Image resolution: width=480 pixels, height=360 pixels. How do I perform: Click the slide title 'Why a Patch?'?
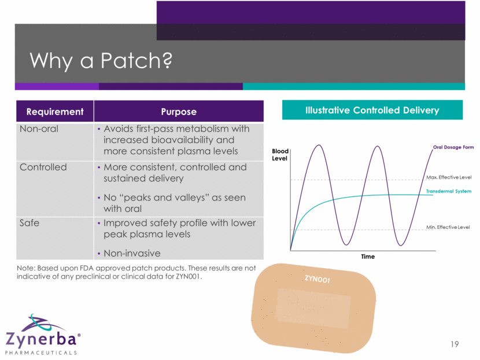(101, 61)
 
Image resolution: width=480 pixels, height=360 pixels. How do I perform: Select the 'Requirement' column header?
(55, 112)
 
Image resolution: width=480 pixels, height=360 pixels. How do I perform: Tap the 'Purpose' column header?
(179, 112)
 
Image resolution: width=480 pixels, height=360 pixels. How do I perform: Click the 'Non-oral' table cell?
(39, 129)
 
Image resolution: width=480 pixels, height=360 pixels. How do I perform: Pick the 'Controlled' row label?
(43, 167)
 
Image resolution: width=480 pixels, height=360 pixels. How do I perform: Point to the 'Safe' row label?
(29, 222)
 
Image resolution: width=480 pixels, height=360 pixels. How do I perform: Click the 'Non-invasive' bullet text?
(132, 253)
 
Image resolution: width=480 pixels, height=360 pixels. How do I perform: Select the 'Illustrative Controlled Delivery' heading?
(372, 110)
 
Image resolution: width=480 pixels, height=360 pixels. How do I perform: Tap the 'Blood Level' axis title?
(280, 155)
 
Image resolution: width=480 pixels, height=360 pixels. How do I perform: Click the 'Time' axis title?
(368, 257)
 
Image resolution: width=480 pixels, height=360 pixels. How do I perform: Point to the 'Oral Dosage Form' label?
(453, 147)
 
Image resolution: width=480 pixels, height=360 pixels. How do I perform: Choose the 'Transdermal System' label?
(449, 191)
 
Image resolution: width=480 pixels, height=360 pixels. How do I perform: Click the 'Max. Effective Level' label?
(449, 177)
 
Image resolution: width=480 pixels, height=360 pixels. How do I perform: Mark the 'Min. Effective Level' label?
(448, 227)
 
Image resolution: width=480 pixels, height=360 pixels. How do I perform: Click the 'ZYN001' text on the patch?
(317, 279)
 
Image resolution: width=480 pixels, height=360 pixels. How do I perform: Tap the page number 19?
(455, 344)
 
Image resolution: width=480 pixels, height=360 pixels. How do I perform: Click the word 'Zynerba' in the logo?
(40, 339)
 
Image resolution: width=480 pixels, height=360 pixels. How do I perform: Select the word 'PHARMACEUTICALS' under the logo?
(40, 352)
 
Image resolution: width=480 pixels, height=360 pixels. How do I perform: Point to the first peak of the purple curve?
(319, 145)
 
